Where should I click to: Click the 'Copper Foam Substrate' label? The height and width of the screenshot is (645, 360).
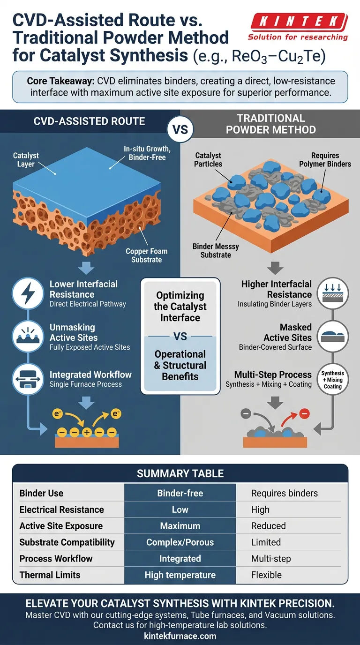click(x=147, y=255)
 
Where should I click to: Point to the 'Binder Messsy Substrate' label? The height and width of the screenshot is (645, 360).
click(x=216, y=251)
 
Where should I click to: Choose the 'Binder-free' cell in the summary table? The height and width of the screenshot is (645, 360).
click(x=180, y=493)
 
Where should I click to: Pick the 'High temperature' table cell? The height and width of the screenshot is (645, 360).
click(x=180, y=575)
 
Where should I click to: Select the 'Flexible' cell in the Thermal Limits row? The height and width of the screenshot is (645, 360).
click(x=266, y=575)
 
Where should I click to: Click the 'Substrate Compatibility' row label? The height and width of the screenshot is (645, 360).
click(x=67, y=542)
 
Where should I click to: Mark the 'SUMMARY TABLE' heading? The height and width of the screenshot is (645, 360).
click(x=180, y=473)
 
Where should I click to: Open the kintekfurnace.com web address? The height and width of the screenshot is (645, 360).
click(x=180, y=636)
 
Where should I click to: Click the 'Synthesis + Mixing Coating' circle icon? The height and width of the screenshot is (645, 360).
click(x=333, y=380)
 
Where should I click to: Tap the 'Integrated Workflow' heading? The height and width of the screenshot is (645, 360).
click(x=90, y=375)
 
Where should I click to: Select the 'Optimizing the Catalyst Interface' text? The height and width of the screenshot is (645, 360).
click(x=180, y=307)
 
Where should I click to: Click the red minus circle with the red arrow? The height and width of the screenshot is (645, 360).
click(x=304, y=414)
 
